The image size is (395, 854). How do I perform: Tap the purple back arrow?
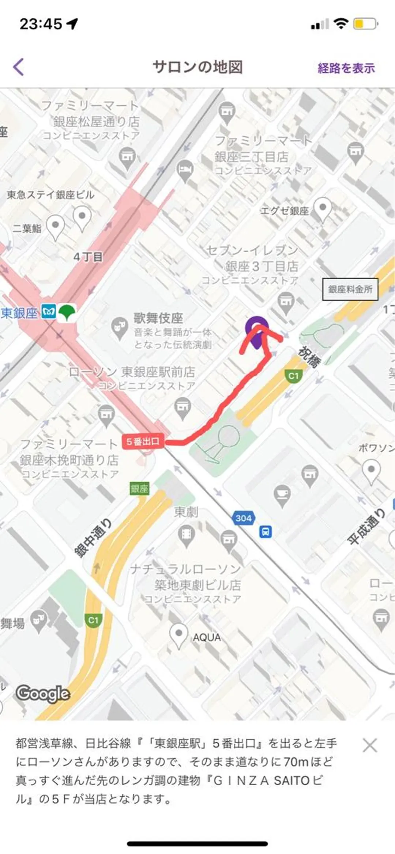click(x=19, y=67)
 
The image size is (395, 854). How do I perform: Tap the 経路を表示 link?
click(x=346, y=68)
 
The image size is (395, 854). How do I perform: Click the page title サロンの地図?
click(x=197, y=67)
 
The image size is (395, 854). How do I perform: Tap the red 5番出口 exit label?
click(x=143, y=441)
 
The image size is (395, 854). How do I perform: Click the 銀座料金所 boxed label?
click(x=350, y=289)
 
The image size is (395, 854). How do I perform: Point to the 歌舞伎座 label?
click(x=158, y=318)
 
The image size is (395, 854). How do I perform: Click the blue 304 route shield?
click(x=243, y=518)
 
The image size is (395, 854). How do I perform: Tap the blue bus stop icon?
click(x=266, y=531)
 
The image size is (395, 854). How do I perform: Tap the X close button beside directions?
click(x=370, y=745)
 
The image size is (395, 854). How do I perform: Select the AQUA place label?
click(x=207, y=638)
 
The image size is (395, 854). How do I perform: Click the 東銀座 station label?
click(x=19, y=313)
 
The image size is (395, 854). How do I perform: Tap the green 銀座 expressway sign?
click(x=139, y=489)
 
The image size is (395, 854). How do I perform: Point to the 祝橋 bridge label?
click(x=309, y=357)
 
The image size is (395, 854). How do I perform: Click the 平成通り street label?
click(x=366, y=526)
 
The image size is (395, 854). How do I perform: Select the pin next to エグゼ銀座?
click(x=323, y=209)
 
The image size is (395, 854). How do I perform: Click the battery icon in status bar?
click(x=365, y=24)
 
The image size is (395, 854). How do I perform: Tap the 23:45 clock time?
click(x=41, y=24)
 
